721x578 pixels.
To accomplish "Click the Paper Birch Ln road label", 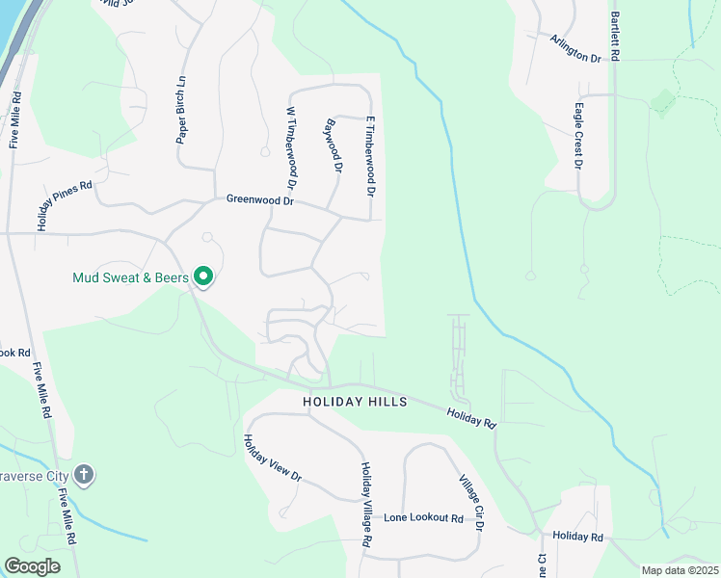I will coord(180,109).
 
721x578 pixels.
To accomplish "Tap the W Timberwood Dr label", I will coord(289,147).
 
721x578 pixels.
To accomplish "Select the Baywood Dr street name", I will coord(334,145).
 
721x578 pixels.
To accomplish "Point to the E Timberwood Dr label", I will coord(369,156).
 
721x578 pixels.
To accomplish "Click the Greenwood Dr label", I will coord(259,200).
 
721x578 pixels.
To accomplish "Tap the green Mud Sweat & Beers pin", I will coord(203,277).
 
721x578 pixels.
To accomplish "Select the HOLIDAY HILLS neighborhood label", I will coord(355,401).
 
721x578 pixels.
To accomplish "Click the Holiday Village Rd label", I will coord(366,505).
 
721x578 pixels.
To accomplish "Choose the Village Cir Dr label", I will coord(471,502).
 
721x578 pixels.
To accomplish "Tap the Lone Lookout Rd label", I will coord(423,517).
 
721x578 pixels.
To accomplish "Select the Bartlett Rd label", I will coord(614,38).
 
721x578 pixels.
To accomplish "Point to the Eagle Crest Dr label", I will coord(578,137).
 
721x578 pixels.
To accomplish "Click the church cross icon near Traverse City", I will coord(85,475).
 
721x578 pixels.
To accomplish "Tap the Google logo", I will coord(32,566).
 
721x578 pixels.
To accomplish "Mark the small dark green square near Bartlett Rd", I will coord(662,102).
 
